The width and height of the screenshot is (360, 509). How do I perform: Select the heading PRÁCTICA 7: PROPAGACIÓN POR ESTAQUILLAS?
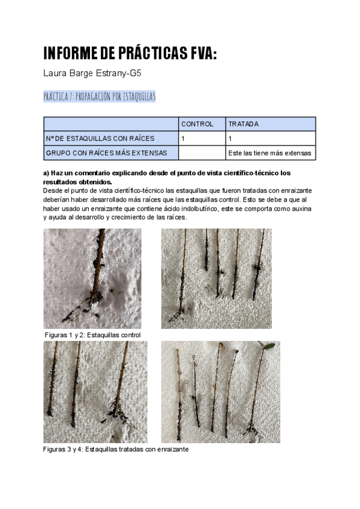pos(100,96)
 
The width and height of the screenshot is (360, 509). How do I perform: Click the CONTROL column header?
pos(197,124)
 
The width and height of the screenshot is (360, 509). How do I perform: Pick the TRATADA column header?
pos(243,124)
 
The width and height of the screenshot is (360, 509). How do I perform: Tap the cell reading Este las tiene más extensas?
pos(270,153)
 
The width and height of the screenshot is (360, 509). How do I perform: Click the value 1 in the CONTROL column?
pos(182,139)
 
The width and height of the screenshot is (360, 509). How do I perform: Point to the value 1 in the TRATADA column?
pos(230,139)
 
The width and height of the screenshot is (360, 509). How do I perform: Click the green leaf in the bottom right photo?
pos(270,346)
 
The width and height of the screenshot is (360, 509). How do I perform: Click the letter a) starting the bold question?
pos(47,173)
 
